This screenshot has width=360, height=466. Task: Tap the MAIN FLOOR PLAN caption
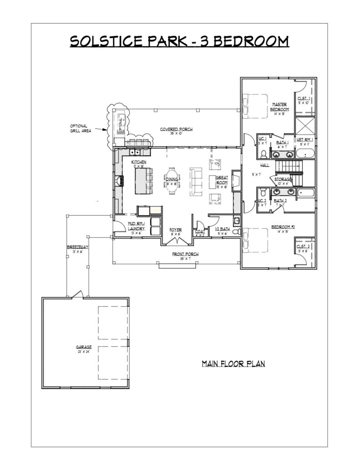pyautogui.click(x=233, y=364)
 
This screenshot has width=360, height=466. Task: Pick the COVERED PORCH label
pyautogui.click(x=176, y=130)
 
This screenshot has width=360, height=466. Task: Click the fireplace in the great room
pyautogui.click(x=236, y=181)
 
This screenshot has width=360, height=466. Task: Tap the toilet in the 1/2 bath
pyautogui.click(x=235, y=232)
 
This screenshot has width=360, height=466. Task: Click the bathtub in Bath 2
pyautogui.click(x=306, y=193)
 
